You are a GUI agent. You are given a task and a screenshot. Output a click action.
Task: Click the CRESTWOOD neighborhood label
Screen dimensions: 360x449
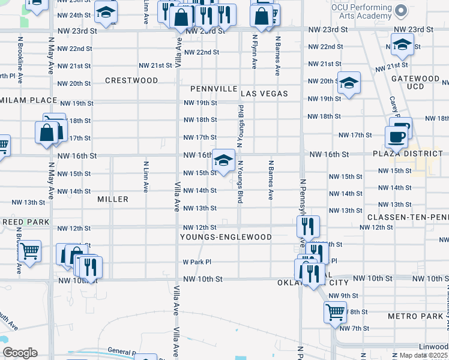(x=131, y=80)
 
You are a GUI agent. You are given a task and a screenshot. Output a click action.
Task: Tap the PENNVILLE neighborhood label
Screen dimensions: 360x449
(x=214, y=89)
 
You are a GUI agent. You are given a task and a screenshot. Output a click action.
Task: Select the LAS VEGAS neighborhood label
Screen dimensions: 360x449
(x=265, y=94)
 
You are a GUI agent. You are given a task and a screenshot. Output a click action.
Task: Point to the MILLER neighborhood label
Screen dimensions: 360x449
(x=113, y=199)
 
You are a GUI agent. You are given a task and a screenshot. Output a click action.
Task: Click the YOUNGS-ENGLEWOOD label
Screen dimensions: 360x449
(x=226, y=237)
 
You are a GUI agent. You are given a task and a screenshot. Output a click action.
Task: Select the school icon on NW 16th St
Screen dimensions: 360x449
(x=223, y=160)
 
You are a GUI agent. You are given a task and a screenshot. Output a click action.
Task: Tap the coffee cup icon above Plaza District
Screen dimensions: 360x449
(x=397, y=136)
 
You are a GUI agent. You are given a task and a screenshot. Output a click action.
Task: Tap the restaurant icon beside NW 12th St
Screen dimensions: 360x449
(x=308, y=226)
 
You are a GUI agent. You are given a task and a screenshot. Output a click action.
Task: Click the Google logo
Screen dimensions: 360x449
(x=19, y=353)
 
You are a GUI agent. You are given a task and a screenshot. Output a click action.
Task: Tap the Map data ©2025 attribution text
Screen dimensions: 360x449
(x=423, y=355)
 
